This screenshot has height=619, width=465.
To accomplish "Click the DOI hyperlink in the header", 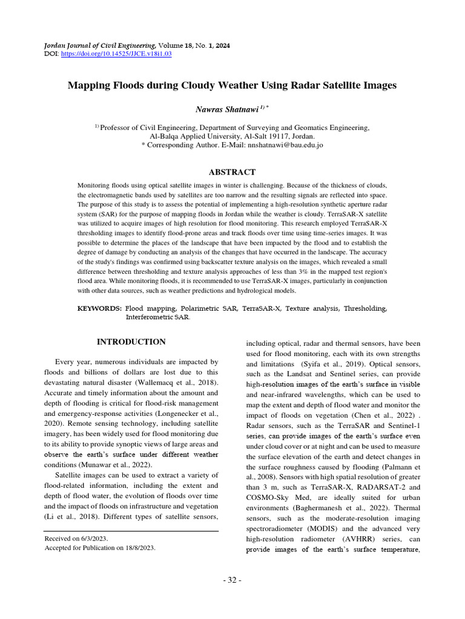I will pos(116,54).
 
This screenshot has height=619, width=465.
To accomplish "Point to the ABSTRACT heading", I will pos(232,172).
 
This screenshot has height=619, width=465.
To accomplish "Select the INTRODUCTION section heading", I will pos(131,342).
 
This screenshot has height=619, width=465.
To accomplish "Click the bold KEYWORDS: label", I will pos(99,308).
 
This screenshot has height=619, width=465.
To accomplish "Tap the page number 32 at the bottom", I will pos(232,580).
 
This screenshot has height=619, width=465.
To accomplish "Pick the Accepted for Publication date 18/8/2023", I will pos(136,548).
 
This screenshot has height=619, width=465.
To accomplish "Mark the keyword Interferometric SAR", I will pos(157,317).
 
